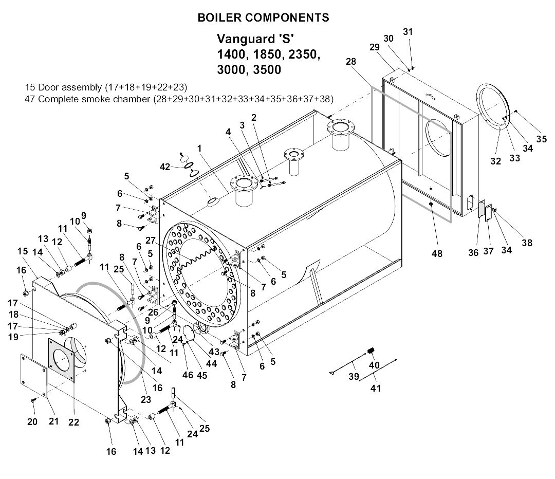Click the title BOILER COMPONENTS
tap(263, 17)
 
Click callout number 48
tap(437, 254)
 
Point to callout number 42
tap(164, 167)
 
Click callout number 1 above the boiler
tap(199, 148)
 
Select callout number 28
tap(350, 61)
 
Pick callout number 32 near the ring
tap(495, 161)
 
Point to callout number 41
tap(376, 389)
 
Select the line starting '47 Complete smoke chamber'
tap(179, 99)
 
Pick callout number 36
tap(473, 252)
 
